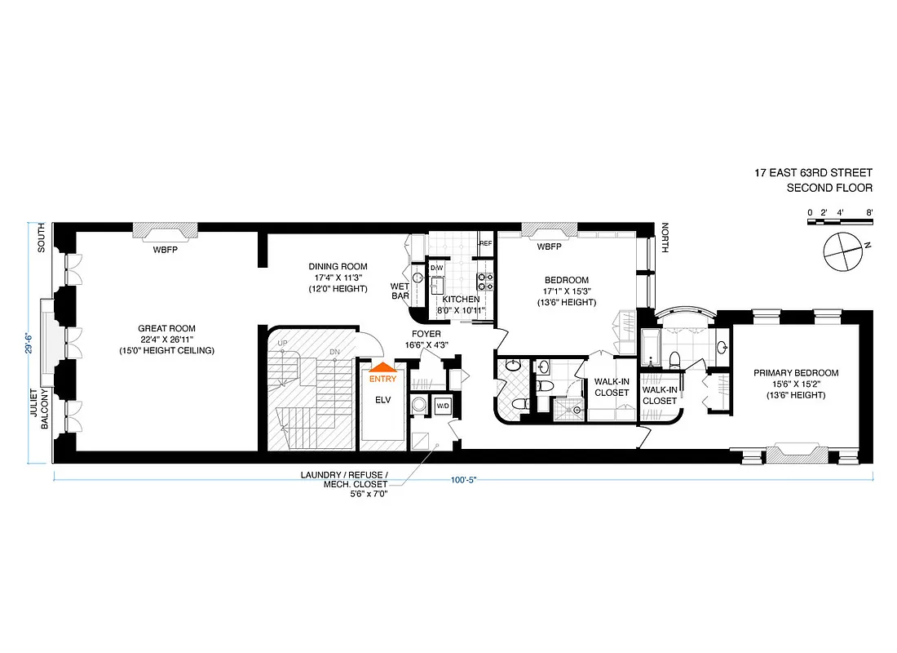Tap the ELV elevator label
[x=382, y=401]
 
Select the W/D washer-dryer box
[x=443, y=406]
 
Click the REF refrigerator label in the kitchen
[x=485, y=243]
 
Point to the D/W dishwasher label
[x=436, y=268]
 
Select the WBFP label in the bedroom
[x=549, y=247]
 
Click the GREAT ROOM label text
[x=166, y=329]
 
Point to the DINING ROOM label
[x=338, y=266]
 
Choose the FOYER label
[x=426, y=334]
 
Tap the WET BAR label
[x=400, y=291]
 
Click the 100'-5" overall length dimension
[x=462, y=480]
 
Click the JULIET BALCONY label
[x=40, y=408]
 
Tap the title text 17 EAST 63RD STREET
[x=813, y=173]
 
